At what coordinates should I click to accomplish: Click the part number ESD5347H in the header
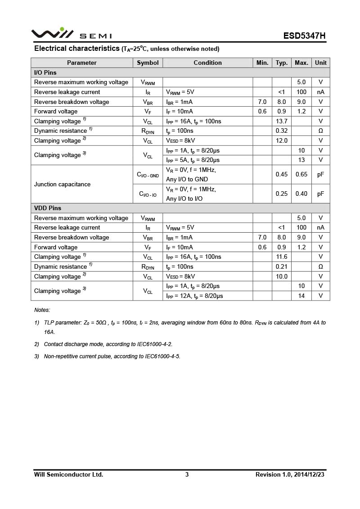click(304, 36)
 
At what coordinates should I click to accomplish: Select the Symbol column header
click(148, 63)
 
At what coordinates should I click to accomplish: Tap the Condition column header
click(207, 63)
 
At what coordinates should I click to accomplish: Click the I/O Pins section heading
click(45, 72)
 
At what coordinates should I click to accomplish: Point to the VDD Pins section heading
click(48, 208)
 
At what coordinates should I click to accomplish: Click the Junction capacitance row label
click(62, 184)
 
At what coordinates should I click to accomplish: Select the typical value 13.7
click(281, 121)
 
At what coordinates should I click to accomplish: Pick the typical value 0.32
click(281, 131)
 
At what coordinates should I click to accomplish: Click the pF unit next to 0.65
click(320, 174)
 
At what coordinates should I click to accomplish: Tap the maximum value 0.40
click(301, 194)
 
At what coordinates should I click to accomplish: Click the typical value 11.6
click(281, 257)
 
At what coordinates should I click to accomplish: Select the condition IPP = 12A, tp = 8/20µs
click(194, 296)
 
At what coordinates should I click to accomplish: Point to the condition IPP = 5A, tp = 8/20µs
click(193, 160)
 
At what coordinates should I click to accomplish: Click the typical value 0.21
click(281, 266)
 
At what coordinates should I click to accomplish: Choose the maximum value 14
click(301, 296)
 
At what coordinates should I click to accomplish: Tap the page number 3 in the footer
click(187, 474)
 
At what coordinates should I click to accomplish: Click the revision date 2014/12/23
click(309, 474)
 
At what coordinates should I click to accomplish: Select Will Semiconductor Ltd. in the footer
click(68, 474)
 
